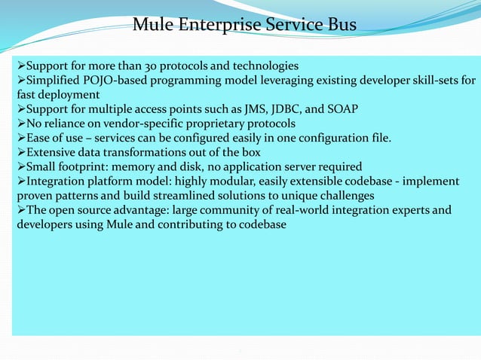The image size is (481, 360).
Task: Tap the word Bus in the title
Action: point(340,26)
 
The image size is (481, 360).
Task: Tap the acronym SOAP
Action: point(341,109)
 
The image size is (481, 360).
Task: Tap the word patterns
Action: point(78,196)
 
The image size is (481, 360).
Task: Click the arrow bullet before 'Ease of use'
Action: point(21,138)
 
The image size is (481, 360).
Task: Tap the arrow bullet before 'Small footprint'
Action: point(21,167)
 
